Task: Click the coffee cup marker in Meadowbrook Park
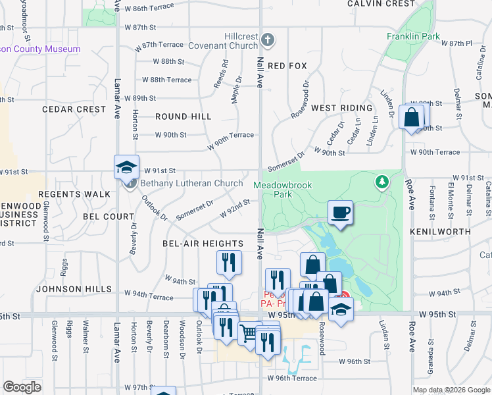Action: coord(340,213)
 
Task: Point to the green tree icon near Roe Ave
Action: coord(380,180)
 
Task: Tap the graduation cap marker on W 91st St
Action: coord(127,167)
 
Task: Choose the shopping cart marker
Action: coord(249,333)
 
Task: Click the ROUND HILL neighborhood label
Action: coord(184,117)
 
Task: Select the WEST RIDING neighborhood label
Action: coord(341,107)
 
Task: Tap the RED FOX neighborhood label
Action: coord(287,66)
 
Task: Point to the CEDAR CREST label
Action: coord(74,109)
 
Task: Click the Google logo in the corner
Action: coord(22,386)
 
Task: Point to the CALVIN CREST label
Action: coord(381,4)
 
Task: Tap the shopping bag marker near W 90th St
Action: coord(412,118)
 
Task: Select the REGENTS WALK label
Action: coord(74,194)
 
